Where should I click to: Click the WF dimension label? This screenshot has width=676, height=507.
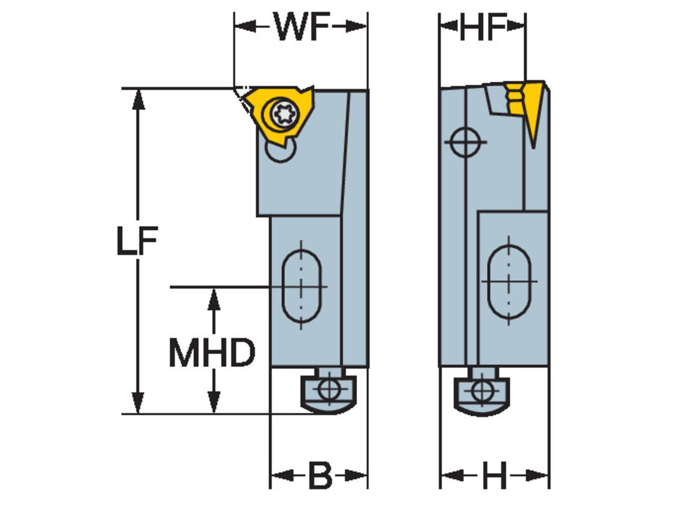301,26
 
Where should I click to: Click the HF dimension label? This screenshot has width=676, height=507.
482,26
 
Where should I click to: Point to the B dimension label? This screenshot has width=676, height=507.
320,477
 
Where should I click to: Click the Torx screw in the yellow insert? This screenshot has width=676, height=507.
281,114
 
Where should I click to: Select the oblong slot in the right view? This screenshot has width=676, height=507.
509,281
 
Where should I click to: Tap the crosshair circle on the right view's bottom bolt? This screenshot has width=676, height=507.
481,390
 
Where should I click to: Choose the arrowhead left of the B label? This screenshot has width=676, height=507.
283,476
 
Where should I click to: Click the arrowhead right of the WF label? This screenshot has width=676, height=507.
355,26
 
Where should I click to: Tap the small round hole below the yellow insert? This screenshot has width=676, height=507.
279,151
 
